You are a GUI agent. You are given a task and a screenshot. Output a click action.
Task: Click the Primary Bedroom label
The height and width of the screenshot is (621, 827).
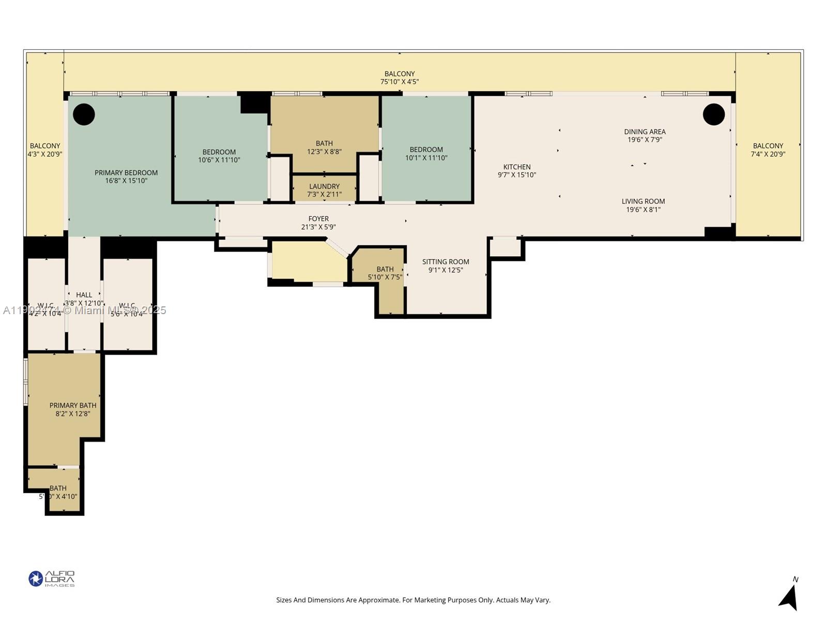pyautogui.click(x=126, y=173)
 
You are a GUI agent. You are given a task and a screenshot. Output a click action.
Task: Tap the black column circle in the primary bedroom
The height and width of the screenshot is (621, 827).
pyautogui.click(x=84, y=114)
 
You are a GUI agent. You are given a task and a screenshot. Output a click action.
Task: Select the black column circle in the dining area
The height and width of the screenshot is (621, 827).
pyautogui.click(x=713, y=114)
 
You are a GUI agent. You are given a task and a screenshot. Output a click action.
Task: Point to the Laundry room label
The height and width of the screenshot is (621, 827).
pyautogui.click(x=324, y=186)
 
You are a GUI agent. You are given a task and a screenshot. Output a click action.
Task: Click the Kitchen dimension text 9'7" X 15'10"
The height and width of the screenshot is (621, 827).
pyautogui.click(x=516, y=175)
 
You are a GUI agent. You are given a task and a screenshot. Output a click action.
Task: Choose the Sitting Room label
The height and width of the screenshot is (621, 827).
pyautogui.click(x=446, y=262)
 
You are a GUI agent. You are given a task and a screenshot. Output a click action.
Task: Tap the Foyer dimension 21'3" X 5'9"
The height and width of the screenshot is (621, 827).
pyautogui.click(x=318, y=227)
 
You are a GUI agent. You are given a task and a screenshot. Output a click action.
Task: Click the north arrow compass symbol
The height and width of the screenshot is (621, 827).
pyautogui.click(x=789, y=596)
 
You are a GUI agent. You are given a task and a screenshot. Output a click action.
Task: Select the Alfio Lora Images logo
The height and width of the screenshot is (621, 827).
pyautogui.click(x=52, y=579)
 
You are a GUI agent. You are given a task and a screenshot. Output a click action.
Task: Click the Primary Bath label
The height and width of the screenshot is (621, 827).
pyautogui.click(x=73, y=405)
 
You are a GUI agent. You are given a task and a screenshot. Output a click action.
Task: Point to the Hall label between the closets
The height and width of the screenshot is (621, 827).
pyautogui.click(x=84, y=295)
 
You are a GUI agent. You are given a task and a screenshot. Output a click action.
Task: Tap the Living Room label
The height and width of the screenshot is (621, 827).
pyautogui.click(x=643, y=201)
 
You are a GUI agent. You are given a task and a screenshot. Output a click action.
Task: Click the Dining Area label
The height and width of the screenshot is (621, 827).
pyautogui.click(x=645, y=131)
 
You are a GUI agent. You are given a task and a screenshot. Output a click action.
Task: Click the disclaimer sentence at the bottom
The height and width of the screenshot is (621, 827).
pyautogui.click(x=413, y=600)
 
